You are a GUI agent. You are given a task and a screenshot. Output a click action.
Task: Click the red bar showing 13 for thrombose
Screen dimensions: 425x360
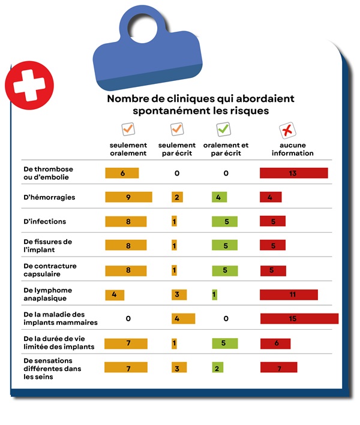(293, 173)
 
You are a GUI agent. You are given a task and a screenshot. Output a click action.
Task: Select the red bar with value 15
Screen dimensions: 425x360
(299, 319)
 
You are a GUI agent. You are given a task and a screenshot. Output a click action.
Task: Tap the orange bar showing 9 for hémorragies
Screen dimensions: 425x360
(128, 197)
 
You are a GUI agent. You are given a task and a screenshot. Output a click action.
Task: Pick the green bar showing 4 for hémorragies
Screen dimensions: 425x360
(219, 197)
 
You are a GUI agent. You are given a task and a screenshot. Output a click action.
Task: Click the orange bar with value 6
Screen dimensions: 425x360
(122, 173)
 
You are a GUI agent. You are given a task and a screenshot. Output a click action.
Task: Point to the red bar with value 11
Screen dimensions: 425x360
(289, 295)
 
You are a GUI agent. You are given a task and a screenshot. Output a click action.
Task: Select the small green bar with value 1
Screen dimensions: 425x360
(214, 295)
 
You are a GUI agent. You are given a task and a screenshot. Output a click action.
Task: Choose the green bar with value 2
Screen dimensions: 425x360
(217, 368)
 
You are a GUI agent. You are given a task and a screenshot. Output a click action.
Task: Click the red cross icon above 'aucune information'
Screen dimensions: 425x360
(287, 129)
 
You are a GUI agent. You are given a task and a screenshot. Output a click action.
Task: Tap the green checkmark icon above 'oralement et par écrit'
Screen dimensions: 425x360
(223, 129)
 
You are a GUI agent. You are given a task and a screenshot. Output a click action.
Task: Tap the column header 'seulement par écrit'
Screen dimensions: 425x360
(176, 149)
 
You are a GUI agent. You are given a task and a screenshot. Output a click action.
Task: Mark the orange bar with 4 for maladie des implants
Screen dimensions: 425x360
(183, 319)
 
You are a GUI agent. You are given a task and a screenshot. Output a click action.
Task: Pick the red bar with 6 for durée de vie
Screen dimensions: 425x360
(275, 343)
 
